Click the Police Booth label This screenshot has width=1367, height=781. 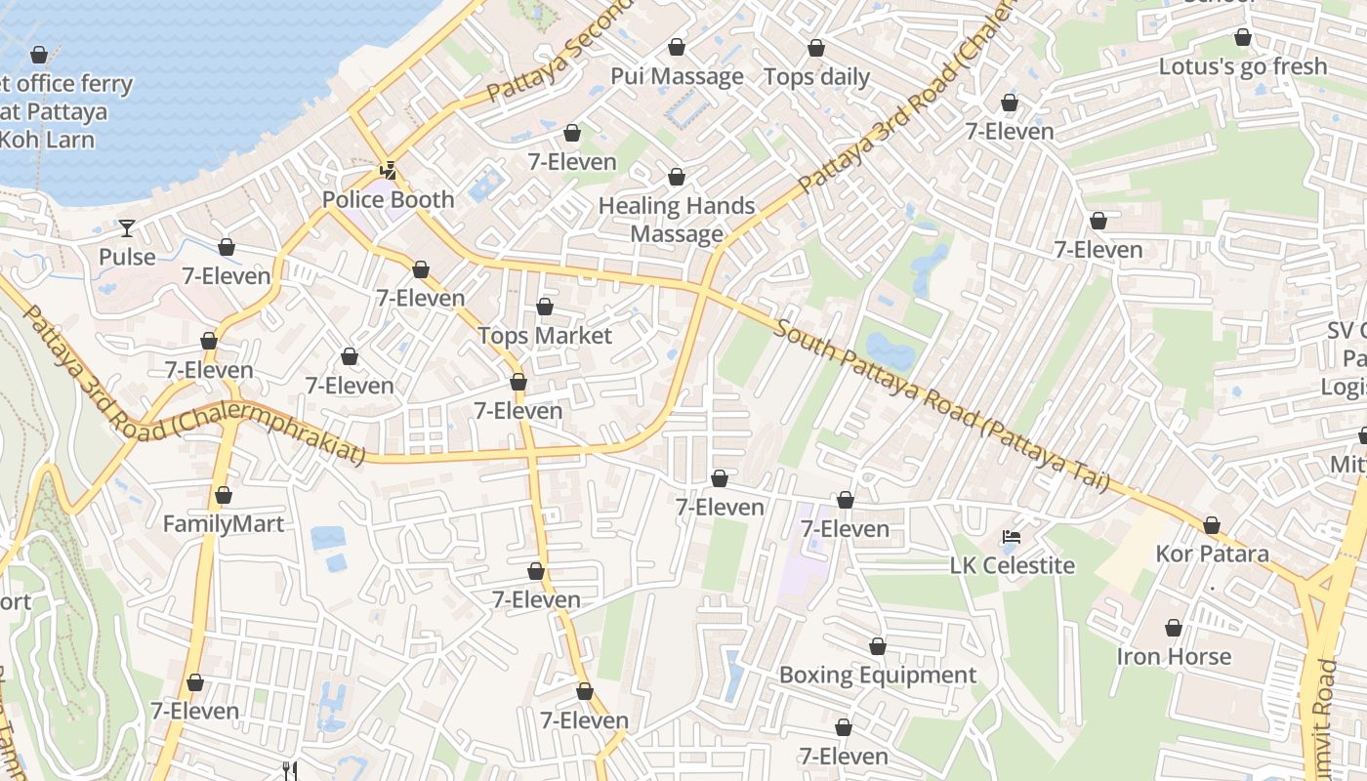tap(389, 200)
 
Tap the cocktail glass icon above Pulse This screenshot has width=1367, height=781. tap(127, 228)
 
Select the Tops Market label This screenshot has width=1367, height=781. tap(545, 336)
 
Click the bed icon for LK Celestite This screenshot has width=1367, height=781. tap(1012, 537)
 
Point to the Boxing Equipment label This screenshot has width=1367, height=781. tap(877, 676)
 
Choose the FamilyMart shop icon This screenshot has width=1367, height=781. tap(224, 496)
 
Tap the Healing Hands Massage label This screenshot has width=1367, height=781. tap(677, 220)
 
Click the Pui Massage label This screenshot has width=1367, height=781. tap(677, 76)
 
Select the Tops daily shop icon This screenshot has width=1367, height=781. tap(816, 48)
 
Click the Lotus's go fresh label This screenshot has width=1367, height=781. tap(1242, 66)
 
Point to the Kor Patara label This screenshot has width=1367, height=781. tap(1212, 555)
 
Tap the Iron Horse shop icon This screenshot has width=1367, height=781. tap(1174, 628)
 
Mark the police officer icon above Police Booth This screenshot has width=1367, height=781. tap(389, 171)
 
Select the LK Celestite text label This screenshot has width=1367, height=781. tap(1012, 566)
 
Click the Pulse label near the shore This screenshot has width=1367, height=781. tap(127, 257)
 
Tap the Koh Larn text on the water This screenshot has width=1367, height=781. tap(47, 140)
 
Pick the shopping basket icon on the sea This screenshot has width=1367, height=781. tap(39, 55)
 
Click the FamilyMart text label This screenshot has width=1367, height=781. tap(224, 524)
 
